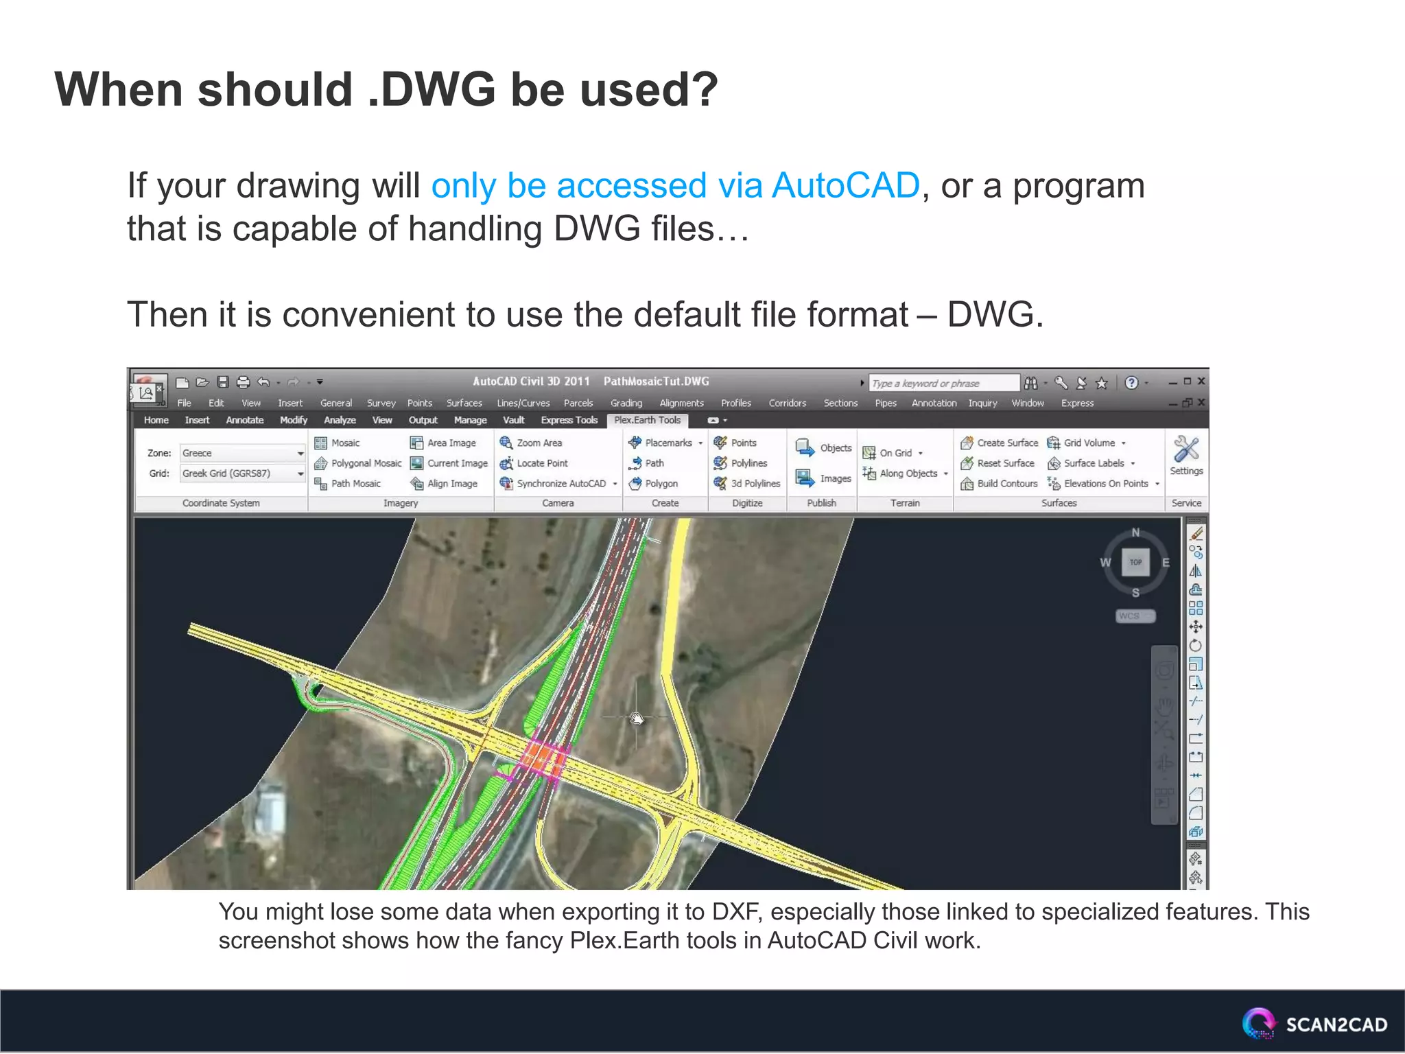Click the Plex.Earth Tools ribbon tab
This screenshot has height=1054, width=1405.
[646, 420]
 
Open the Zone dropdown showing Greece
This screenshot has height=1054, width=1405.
[242, 454]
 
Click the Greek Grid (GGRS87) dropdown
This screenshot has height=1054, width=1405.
[242, 473]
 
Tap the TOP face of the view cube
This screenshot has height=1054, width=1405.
[1135, 563]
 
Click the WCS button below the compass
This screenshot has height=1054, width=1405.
[1135, 616]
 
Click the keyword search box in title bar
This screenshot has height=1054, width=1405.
[943, 383]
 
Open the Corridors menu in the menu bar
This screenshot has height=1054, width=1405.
[787, 403]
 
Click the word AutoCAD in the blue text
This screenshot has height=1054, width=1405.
[845, 186]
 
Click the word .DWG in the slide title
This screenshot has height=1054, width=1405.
[432, 90]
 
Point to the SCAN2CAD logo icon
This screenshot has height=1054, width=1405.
[1258, 1024]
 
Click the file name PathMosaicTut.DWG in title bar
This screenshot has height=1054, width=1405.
[656, 382]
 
